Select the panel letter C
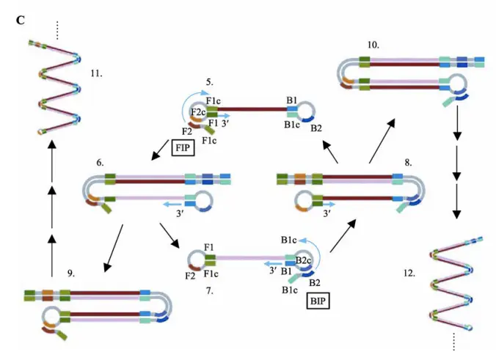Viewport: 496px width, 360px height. [x=21, y=19]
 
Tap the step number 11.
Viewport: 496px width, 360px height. [x=96, y=73]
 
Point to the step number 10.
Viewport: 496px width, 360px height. [x=373, y=45]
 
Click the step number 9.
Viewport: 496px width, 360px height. [x=71, y=273]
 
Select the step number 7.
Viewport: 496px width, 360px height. [x=209, y=291]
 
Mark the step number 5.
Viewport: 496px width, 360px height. [x=209, y=81]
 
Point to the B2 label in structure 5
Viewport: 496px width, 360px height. [x=316, y=128]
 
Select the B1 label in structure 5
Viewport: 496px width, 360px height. [x=291, y=100]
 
